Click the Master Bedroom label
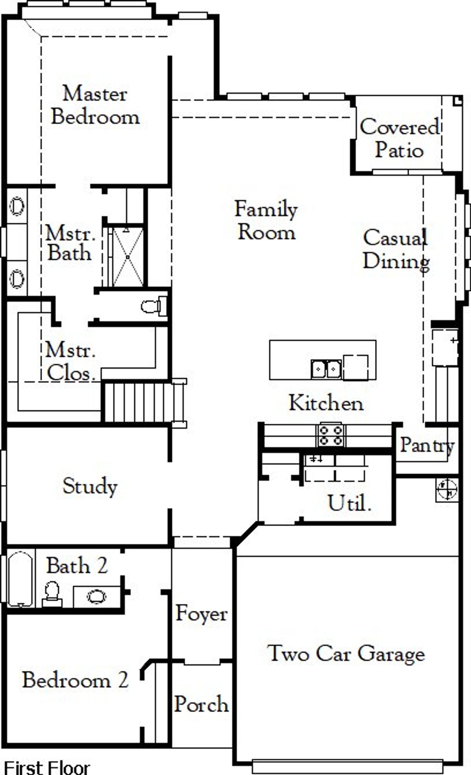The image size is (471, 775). point(95,105)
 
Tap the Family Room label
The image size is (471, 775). point(266,221)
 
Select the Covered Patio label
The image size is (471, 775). point(399,138)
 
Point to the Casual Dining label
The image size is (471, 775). point(396,249)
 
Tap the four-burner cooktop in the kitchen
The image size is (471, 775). point(330,435)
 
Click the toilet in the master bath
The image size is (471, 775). point(153,306)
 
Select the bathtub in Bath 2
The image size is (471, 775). point(20,578)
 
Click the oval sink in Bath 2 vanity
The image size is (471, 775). point(96,596)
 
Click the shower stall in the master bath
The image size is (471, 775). point(127,257)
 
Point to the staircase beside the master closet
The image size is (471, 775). point(138,402)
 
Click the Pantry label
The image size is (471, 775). point(427,445)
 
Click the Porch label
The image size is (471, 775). point(201,704)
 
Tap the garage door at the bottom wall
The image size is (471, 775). point(348,767)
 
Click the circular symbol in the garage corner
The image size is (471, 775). point(447,490)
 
